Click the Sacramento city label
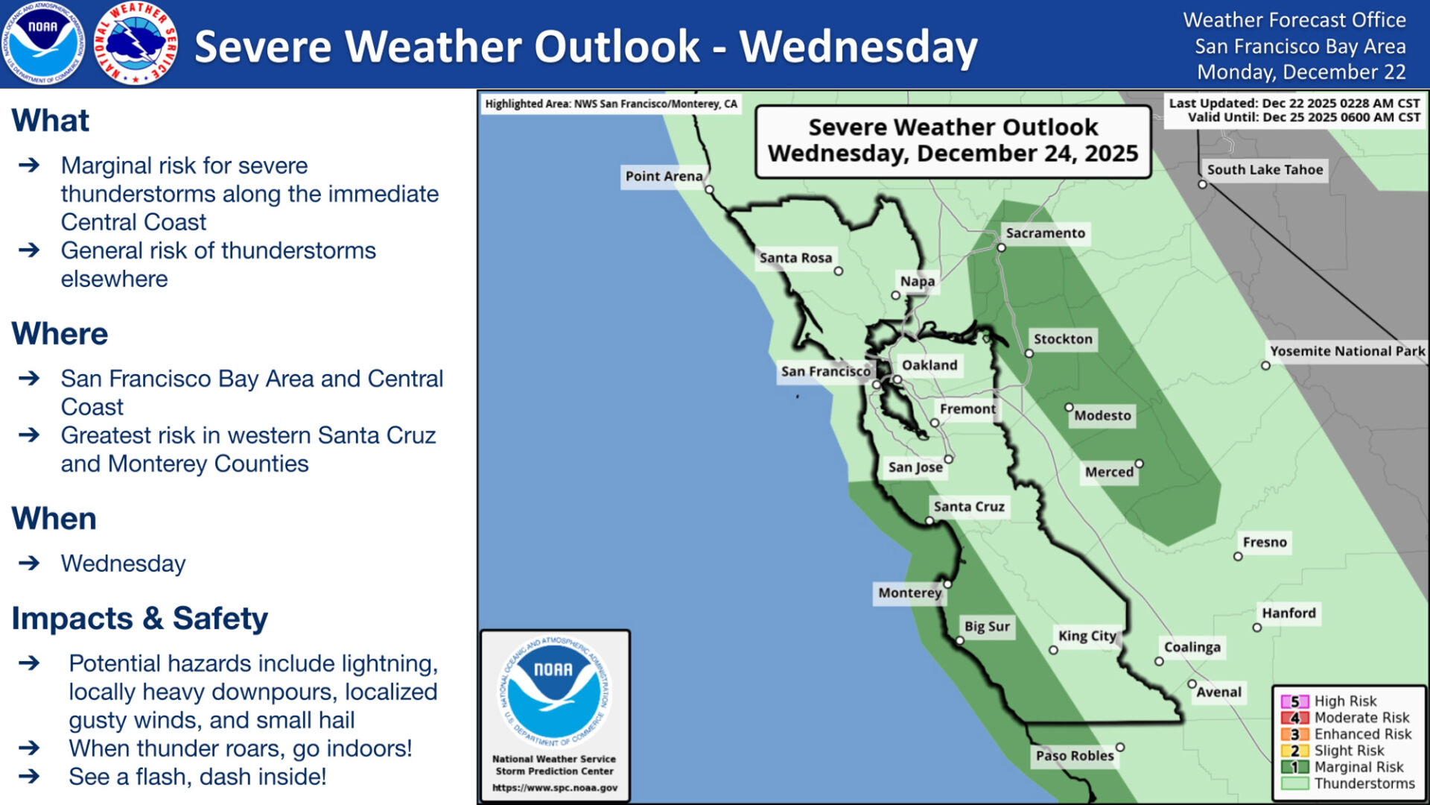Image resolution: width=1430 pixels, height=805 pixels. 1045,233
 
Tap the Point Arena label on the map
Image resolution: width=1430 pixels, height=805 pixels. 664,177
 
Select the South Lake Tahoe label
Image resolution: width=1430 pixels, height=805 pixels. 1265,170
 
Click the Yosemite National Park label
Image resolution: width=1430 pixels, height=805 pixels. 1347,351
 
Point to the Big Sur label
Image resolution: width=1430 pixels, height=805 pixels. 987,627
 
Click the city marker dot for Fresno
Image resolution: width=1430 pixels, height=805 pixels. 1238,557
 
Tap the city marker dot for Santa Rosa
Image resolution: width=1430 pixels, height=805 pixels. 839,271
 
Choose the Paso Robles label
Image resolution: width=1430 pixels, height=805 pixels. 1075,756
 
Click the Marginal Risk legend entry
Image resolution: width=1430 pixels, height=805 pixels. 1358,767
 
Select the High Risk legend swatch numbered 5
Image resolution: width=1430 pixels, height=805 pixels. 1294,701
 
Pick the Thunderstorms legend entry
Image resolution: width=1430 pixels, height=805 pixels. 1364,783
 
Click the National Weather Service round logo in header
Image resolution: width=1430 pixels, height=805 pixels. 136,43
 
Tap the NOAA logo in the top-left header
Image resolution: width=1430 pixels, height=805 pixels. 42,43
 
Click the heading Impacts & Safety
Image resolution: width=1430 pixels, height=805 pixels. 139,619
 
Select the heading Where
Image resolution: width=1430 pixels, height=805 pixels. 60,334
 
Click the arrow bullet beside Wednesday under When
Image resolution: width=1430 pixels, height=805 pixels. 29,563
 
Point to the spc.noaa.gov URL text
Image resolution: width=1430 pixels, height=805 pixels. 555,788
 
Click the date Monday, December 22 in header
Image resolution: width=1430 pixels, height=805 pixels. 1301,72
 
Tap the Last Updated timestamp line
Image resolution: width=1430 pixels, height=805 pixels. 1294,104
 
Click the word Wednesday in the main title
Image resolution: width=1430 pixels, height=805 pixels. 858,46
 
